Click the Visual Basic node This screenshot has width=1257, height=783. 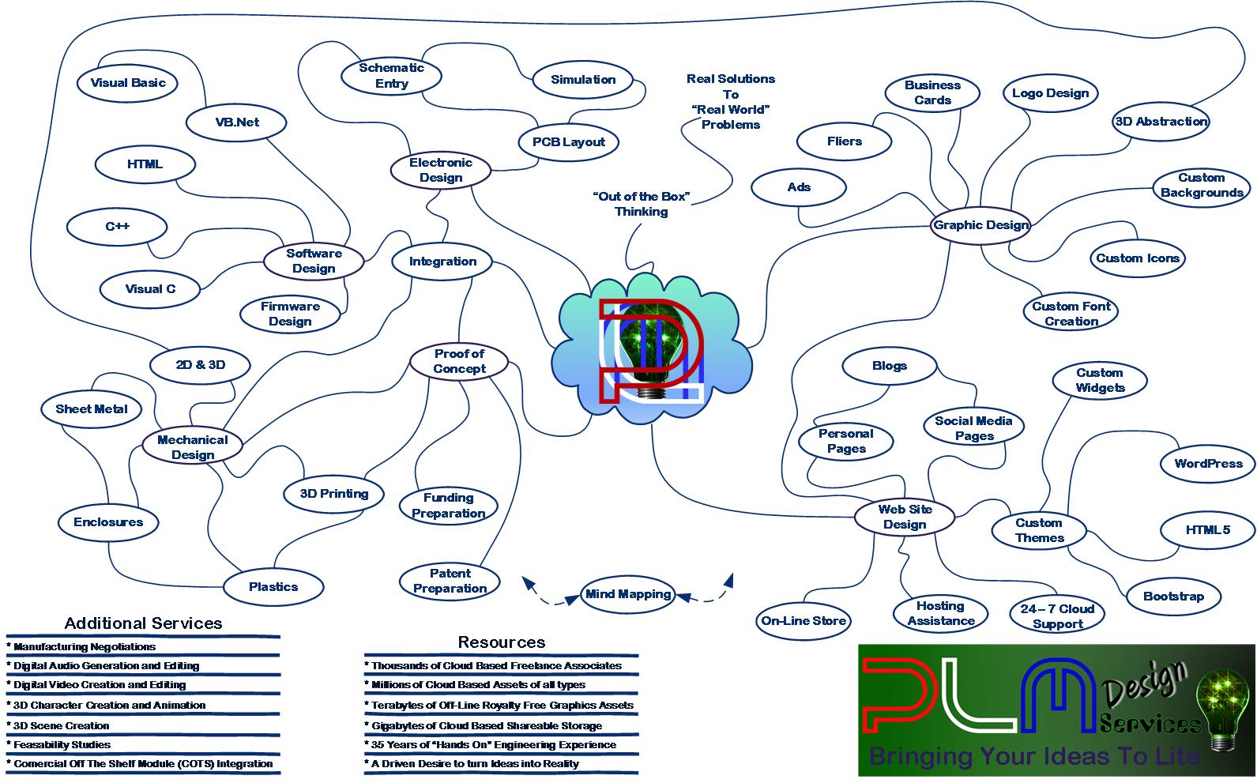click(x=127, y=83)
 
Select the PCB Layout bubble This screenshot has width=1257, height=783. click(x=568, y=142)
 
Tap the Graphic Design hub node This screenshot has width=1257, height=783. click(x=980, y=225)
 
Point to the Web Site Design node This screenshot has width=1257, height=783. click(x=905, y=517)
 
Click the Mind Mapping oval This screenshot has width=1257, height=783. click(x=628, y=594)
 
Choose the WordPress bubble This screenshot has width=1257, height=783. click(x=1207, y=464)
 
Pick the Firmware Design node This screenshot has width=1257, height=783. click(x=290, y=314)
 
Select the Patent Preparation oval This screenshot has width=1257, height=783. click(x=450, y=581)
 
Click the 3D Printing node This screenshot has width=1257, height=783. click(x=334, y=494)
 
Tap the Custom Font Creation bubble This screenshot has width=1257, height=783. click(x=1071, y=314)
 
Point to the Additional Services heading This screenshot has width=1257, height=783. click(x=143, y=623)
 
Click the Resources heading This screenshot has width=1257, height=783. click(x=501, y=642)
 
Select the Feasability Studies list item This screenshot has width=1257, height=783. click(x=62, y=744)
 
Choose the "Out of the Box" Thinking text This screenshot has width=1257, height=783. click(x=641, y=204)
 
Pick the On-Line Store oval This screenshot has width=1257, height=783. click(x=804, y=621)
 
